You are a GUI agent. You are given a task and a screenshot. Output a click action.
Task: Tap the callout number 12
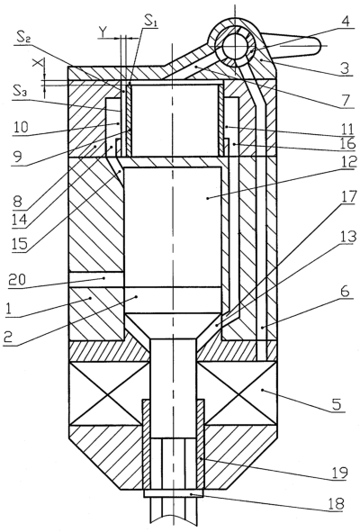tap(346, 162)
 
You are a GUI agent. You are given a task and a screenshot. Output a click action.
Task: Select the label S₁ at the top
tap(150, 21)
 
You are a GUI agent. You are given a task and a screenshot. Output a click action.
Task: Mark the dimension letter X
tap(39, 63)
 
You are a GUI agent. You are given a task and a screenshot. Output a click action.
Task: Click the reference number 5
tap(337, 405)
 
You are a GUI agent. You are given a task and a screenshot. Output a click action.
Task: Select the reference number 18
tap(337, 504)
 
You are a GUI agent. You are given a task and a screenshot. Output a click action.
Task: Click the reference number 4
tap(345, 23)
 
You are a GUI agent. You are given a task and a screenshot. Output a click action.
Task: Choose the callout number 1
tap(11, 309)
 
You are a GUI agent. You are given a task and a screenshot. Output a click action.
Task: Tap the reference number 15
tap(19, 244)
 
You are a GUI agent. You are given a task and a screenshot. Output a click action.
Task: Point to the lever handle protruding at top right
tap(292, 45)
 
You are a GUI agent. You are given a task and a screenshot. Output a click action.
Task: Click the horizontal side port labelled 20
tap(96, 280)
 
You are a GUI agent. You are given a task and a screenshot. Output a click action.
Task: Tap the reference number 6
tap(345, 291)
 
